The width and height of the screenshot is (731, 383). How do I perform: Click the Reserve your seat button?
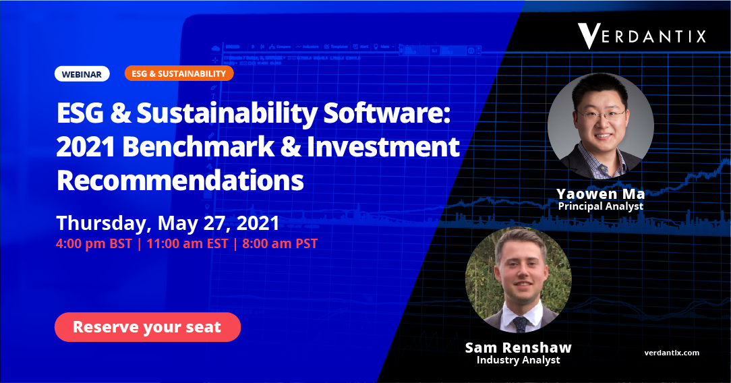(147, 327)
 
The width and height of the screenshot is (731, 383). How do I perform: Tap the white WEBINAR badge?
(82, 74)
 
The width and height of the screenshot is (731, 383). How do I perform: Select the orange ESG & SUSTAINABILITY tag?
(179, 73)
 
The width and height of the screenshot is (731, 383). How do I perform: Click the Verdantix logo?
(642, 36)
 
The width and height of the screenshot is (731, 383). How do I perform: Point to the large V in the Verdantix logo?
(588, 36)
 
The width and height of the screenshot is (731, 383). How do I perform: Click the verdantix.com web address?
(672, 353)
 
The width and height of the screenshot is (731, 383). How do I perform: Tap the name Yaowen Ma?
(600, 194)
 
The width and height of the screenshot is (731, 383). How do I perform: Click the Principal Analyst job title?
(601, 206)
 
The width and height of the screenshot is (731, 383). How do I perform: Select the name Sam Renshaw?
(519, 347)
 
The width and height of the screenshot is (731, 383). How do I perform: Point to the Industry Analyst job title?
(519, 360)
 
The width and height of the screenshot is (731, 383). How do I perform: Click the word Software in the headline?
(387, 113)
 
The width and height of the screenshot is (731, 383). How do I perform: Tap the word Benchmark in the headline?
(199, 147)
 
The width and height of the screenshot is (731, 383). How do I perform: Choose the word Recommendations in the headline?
(181, 180)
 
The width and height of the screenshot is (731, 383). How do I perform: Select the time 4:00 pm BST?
(94, 243)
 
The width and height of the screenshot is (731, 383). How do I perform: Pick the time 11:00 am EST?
(187, 243)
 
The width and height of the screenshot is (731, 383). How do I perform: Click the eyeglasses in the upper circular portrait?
(602, 114)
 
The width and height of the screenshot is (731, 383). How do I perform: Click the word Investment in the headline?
(383, 147)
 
